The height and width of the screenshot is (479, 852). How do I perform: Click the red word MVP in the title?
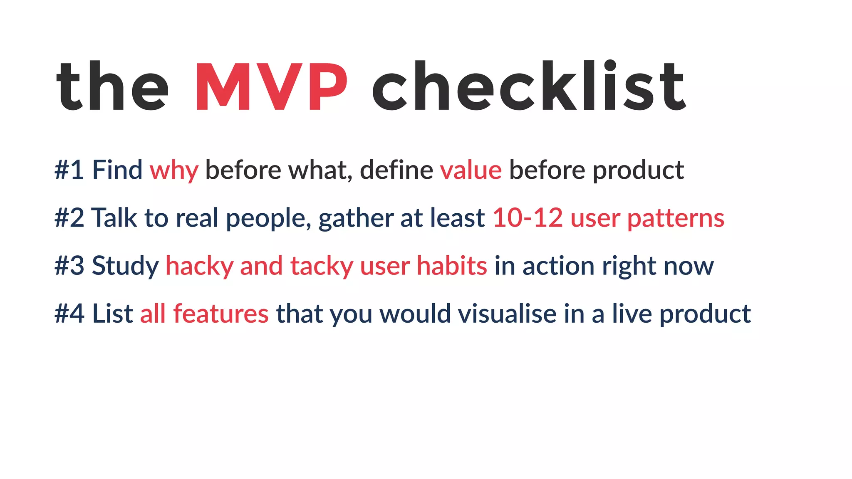pos(271,87)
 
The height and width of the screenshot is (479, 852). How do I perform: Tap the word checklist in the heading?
pos(528,87)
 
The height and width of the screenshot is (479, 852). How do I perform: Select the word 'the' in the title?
pos(112,87)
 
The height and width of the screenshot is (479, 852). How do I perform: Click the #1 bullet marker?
pos(69,170)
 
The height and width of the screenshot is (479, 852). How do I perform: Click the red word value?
pos(471,170)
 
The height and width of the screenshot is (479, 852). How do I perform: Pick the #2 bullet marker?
pos(69,218)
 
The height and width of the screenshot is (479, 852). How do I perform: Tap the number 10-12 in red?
pos(528,218)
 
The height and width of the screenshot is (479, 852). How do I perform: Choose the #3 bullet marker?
pos(69,266)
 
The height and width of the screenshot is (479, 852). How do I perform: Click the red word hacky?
pos(199,267)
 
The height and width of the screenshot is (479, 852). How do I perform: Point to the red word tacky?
pos(322,267)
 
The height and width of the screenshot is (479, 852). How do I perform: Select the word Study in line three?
pos(125,267)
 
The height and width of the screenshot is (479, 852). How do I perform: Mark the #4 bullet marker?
pos(69,314)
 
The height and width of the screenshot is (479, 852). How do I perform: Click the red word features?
pos(221,314)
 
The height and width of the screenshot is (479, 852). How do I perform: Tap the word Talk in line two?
pos(114,218)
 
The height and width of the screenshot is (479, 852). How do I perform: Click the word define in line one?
pos(396,170)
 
